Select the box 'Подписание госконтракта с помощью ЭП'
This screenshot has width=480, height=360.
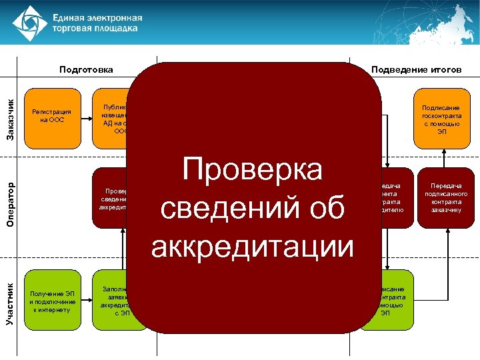pyautogui.click(x=442, y=119)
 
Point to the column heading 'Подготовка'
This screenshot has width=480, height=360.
pyautogui.click(x=86, y=69)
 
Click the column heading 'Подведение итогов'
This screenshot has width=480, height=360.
pyautogui.click(x=416, y=69)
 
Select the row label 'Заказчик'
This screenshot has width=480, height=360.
pyautogui.click(x=9, y=119)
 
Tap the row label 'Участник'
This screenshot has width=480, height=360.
pyautogui.click(x=9, y=303)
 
